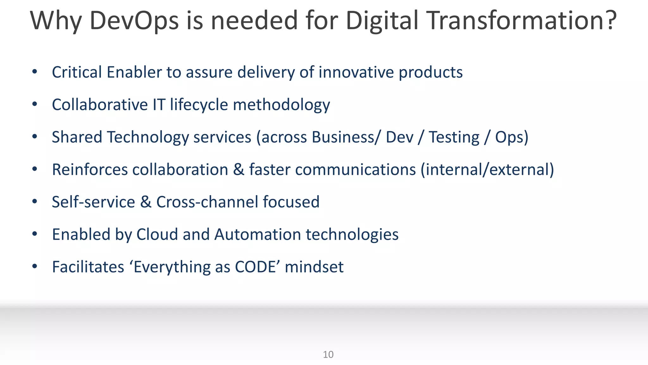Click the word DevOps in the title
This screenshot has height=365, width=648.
tap(134, 21)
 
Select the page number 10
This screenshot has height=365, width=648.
tap(328, 355)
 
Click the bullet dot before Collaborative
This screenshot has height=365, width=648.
tap(35, 104)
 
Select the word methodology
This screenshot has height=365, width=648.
tap(281, 105)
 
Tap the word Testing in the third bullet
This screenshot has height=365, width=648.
tap(454, 138)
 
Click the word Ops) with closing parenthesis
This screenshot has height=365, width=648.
tap(511, 138)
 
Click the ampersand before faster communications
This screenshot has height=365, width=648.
tap(239, 170)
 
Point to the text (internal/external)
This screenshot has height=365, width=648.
tap(487, 170)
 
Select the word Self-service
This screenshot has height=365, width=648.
tap(93, 202)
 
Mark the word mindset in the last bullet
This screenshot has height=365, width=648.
tap(314, 267)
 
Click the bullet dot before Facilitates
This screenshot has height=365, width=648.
tap(35, 266)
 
